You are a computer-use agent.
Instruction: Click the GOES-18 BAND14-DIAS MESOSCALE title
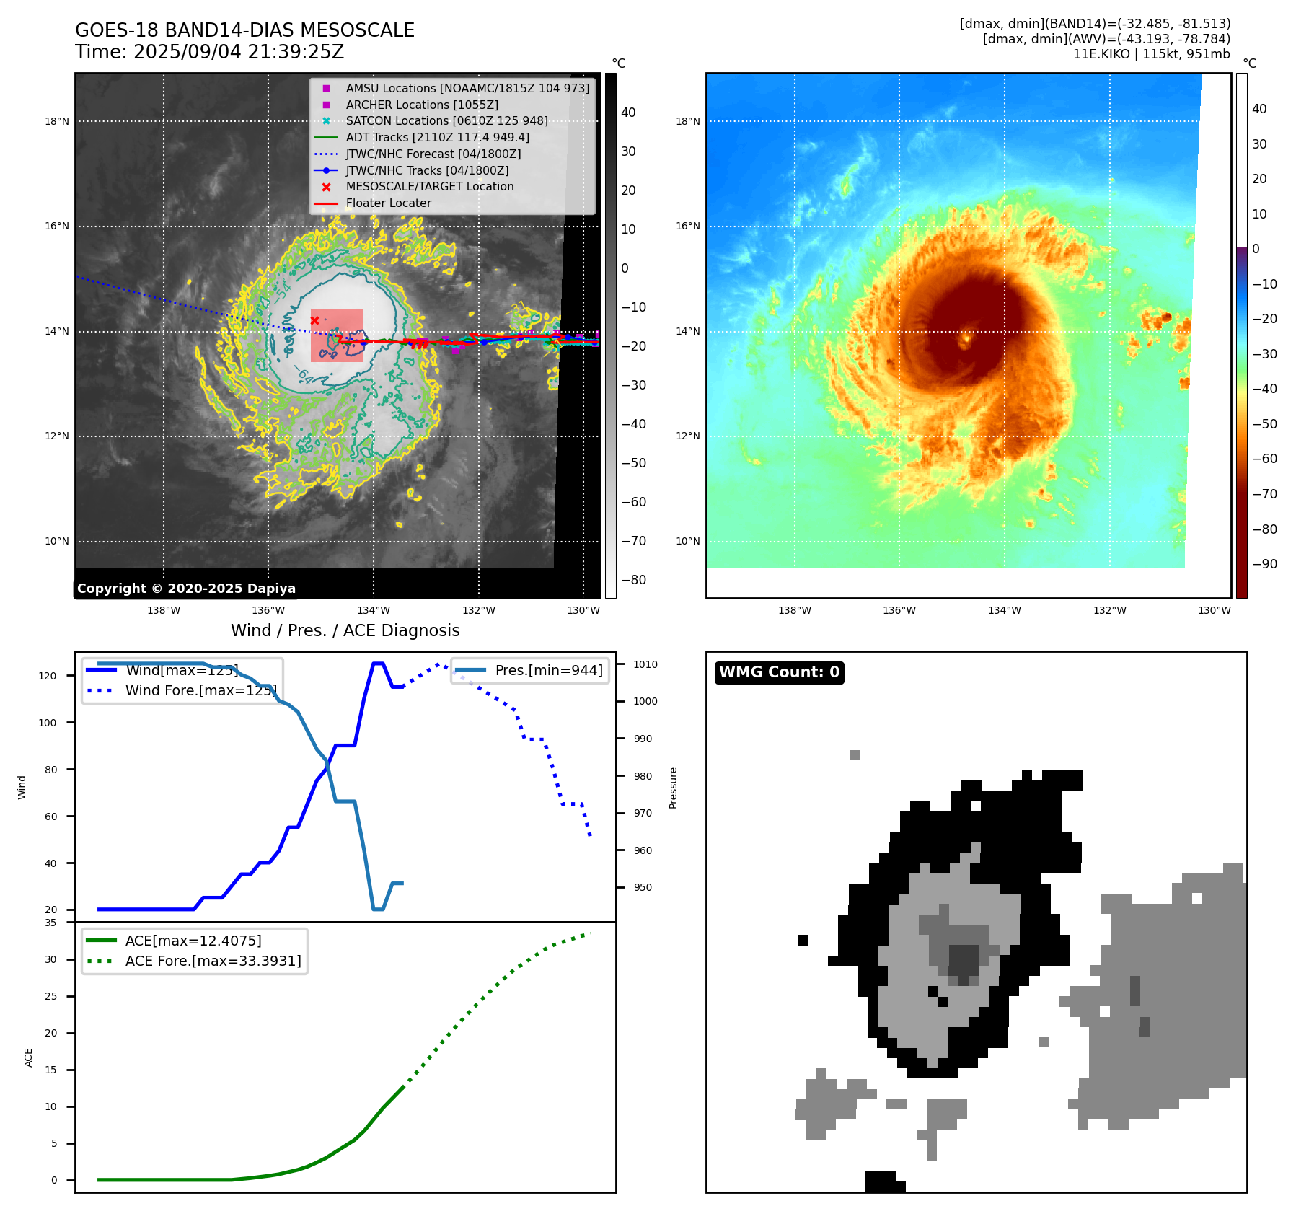pos(244,30)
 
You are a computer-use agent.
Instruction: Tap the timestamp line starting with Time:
pos(209,52)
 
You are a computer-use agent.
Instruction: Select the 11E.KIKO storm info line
pos(1151,54)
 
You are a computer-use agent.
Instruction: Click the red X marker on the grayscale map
pos(314,320)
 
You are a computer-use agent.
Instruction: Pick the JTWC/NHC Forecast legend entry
pos(433,154)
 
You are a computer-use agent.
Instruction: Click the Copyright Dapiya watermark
pos(186,589)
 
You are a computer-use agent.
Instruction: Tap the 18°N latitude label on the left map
pos(57,121)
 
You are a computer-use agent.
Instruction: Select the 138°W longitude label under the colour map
pos(794,610)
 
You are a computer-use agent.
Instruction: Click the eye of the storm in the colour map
pos(966,336)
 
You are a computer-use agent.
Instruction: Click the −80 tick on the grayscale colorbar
pos(634,580)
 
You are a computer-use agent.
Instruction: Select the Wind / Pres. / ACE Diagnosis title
pos(345,630)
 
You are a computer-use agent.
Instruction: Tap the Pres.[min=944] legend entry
pos(548,670)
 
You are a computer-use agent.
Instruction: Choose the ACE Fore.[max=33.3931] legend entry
pos(213,961)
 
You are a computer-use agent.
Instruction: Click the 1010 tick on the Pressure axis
pos(645,664)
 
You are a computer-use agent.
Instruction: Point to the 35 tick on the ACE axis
pos(50,923)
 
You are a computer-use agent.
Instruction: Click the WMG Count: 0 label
pos(779,672)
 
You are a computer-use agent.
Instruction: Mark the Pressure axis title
pos(673,788)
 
